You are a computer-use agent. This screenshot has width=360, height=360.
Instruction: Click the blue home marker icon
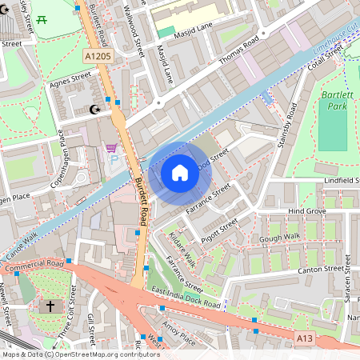pos(180,173)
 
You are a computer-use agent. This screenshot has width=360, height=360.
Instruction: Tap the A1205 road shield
pos(97,57)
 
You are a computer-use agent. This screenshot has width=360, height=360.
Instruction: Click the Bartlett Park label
pos(330,100)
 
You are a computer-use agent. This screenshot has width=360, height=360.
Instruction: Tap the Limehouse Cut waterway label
pos(335,40)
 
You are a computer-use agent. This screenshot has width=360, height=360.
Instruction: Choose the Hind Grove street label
pos(306,210)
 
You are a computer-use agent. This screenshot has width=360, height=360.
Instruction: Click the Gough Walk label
pos(279,238)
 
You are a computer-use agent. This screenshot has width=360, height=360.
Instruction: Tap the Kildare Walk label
pos(182,249)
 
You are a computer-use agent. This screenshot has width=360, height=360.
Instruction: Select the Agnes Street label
pos(70,79)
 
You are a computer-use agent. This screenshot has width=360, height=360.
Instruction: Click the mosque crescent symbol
pos(94,110)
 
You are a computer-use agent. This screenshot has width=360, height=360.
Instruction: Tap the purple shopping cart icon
pos(111,148)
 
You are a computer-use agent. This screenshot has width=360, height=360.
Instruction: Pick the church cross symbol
pos(50,306)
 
